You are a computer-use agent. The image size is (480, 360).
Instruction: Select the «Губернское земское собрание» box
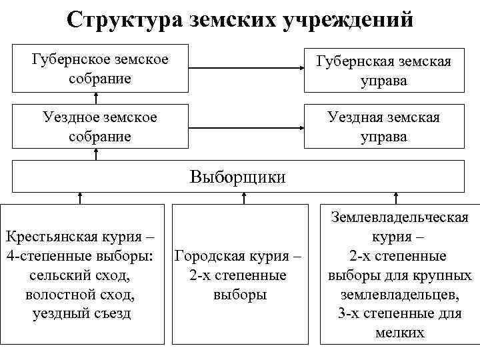click(x=100, y=69)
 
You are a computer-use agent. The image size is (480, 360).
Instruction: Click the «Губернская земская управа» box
click(x=383, y=71)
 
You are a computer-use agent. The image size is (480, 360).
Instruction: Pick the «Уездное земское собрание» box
click(x=100, y=127)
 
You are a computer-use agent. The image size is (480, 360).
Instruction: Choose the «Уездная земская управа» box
click(x=383, y=127)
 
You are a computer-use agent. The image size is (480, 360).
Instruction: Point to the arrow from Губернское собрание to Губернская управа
click(x=245, y=68)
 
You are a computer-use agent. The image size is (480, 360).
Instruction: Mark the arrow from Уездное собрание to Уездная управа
click(x=245, y=125)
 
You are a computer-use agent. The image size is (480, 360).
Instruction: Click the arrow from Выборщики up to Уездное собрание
click(x=96, y=155)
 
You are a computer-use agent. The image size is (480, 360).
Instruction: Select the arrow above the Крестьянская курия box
click(x=80, y=197)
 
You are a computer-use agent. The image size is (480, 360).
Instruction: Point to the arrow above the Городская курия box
click(x=244, y=197)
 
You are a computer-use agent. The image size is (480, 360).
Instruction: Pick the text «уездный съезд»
click(x=81, y=313)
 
